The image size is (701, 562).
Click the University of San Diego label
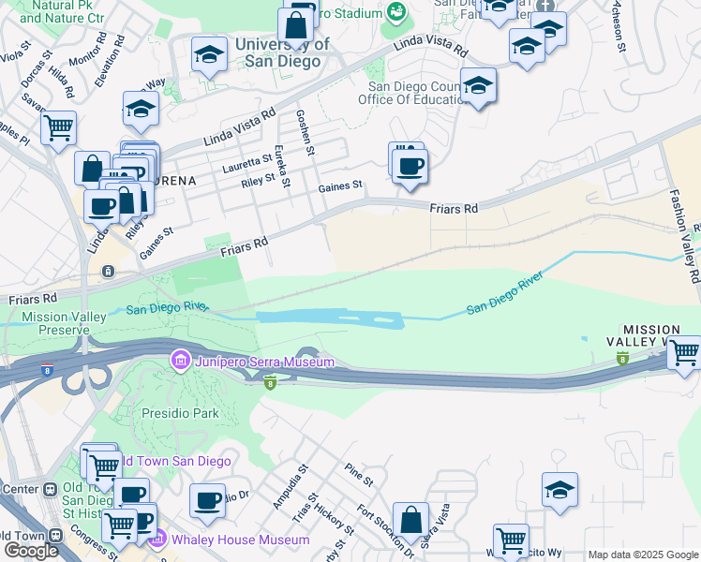tap(281, 52)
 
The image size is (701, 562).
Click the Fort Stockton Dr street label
tap(383, 528)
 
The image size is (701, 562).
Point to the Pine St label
tap(358, 474)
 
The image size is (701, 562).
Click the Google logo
tap(31, 550)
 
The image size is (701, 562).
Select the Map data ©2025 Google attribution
tap(643, 555)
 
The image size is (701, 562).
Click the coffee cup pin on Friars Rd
tap(409, 167)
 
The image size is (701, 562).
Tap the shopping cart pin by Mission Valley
tap(685, 353)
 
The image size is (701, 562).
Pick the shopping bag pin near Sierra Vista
tap(410, 519)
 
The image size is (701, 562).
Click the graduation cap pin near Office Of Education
tap(478, 86)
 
